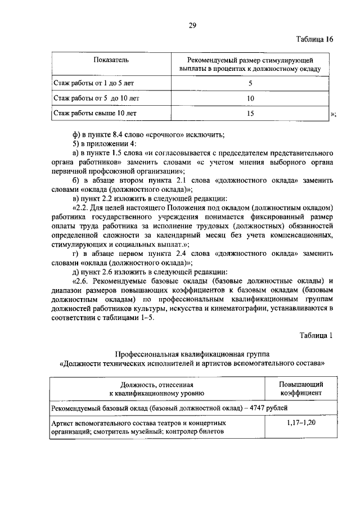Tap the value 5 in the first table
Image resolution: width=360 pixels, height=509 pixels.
[250, 83]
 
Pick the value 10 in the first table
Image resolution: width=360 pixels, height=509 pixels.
[250, 98]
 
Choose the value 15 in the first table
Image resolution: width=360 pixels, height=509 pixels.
[250, 114]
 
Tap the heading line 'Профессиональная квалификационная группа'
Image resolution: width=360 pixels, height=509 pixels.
[192, 354]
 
